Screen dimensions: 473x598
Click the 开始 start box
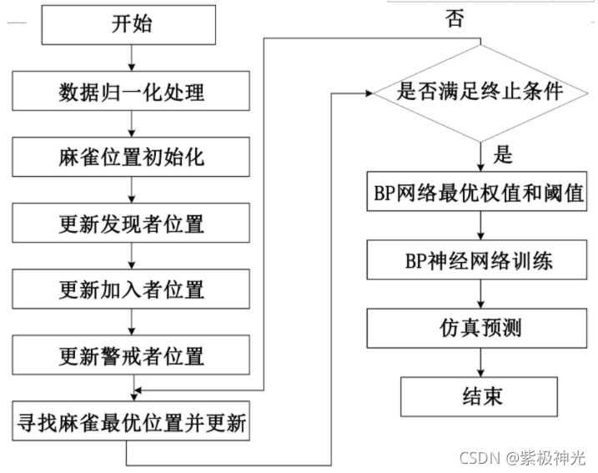pos(132,24)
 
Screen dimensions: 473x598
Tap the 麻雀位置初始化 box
pos(132,157)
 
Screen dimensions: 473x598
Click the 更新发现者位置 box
pos(132,224)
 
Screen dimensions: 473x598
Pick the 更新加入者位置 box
pos(132,290)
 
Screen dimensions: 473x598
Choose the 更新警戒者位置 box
pos(132,356)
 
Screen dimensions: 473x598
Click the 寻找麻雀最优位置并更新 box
pos(132,423)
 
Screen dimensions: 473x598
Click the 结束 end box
pos(479,396)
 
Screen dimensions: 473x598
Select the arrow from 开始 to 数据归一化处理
pos(132,57)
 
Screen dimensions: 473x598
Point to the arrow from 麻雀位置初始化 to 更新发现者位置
pos(132,190)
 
